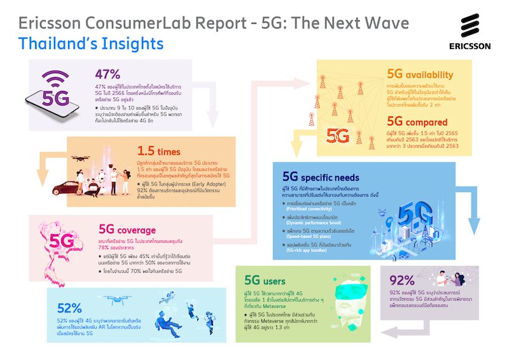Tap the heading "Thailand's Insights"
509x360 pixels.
point(91,44)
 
